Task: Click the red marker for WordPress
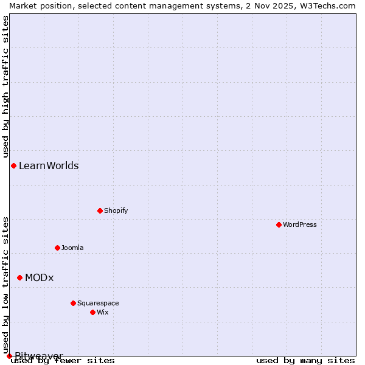(x=279, y=224)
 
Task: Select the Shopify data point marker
(x=100, y=210)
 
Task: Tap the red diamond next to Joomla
(x=57, y=248)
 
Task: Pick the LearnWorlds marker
(x=13, y=165)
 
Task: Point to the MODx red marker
(x=19, y=277)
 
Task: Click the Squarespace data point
(x=73, y=303)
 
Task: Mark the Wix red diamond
(x=92, y=312)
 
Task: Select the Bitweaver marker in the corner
(x=9, y=356)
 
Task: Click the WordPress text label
(x=300, y=224)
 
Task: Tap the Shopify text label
(x=116, y=210)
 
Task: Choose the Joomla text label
(x=72, y=248)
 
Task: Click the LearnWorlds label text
(x=49, y=165)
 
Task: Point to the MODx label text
(x=40, y=277)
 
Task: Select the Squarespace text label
(x=98, y=303)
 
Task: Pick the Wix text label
(x=102, y=312)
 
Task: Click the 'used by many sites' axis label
(x=305, y=360)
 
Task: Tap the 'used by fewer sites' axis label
(x=63, y=360)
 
